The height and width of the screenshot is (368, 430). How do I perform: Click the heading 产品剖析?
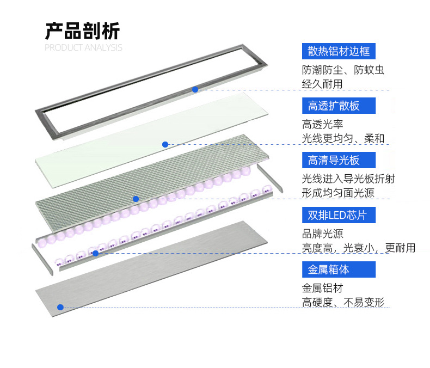(82, 31)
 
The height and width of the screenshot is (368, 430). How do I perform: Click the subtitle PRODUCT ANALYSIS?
(83, 48)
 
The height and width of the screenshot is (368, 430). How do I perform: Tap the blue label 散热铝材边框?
(339, 52)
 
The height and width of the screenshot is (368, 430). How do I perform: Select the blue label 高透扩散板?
(334, 106)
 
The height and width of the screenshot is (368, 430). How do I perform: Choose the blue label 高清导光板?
(334, 160)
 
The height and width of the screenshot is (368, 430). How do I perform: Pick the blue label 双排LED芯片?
(338, 215)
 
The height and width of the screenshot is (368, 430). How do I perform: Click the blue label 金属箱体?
(328, 269)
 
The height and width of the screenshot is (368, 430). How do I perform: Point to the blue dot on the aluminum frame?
(195, 89)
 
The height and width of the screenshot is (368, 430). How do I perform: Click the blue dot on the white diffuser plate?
(165, 144)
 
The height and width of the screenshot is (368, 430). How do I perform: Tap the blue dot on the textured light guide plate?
(136, 199)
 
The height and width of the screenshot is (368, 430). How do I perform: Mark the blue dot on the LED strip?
(95, 253)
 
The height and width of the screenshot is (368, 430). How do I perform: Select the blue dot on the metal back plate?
(60, 307)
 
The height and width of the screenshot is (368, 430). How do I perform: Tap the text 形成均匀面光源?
(338, 193)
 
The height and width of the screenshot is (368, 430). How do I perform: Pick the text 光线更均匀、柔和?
(343, 139)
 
